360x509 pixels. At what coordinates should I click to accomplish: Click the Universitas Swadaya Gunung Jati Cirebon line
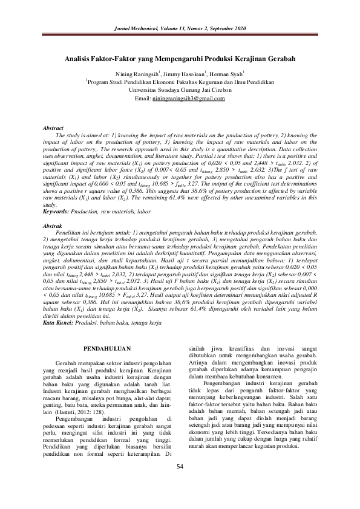180,89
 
